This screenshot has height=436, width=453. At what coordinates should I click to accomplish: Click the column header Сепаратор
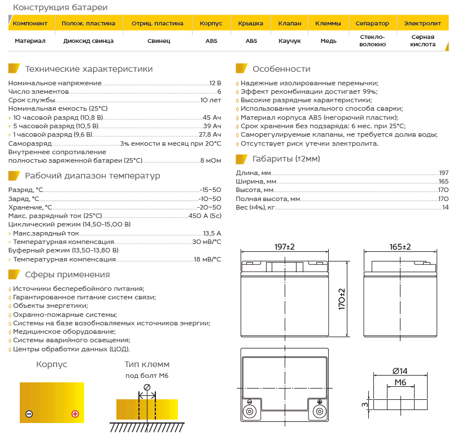tap(372, 23)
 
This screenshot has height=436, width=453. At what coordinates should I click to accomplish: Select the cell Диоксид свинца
tap(89, 41)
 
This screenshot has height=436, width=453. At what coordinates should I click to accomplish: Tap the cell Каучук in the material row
tap(290, 41)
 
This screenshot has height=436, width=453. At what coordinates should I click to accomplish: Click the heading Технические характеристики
tap(89, 69)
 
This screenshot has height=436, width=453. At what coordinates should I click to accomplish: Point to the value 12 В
tap(215, 82)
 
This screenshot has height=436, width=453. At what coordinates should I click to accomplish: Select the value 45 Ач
tap(212, 117)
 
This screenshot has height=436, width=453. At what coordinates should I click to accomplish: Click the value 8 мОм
tap(211, 160)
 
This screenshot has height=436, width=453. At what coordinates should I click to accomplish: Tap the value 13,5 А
tap(212, 233)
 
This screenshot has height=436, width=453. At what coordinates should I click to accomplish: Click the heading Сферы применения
tap(67, 274)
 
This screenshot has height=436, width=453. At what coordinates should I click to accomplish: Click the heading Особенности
tap(281, 69)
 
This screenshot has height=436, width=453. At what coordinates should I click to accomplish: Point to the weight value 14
tap(445, 207)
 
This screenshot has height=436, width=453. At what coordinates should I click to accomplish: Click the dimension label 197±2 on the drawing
tap(285, 247)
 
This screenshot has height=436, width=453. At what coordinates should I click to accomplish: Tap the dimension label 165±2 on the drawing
tap(400, 247)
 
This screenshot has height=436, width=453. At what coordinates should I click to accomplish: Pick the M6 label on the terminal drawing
tap(400, 382)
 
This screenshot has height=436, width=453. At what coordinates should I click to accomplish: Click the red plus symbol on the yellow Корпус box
tap(75, 414)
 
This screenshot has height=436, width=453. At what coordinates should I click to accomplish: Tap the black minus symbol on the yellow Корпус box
tap(29, 414)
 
